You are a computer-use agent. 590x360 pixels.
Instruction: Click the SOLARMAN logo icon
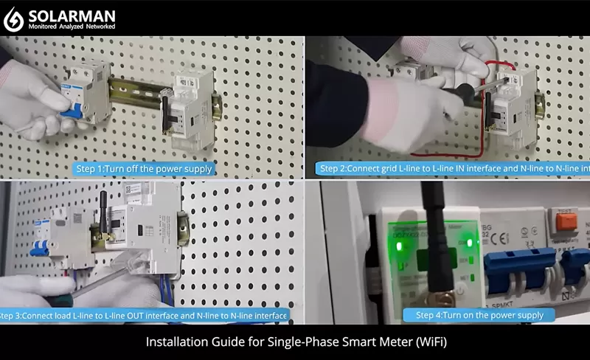pos(14,18)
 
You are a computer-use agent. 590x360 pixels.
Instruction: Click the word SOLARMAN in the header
pos(71,14)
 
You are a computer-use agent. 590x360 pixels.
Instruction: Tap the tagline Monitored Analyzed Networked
pos(71,27)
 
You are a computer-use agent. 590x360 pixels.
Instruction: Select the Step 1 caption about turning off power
pos(145,169)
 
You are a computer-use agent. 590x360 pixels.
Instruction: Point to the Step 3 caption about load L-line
pos(144,316)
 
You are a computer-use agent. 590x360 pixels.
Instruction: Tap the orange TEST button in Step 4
pos(565,220)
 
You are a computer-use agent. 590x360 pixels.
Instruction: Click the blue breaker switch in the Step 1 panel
pos(72,111)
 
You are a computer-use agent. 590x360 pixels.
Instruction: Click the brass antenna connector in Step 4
pos(442,298)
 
